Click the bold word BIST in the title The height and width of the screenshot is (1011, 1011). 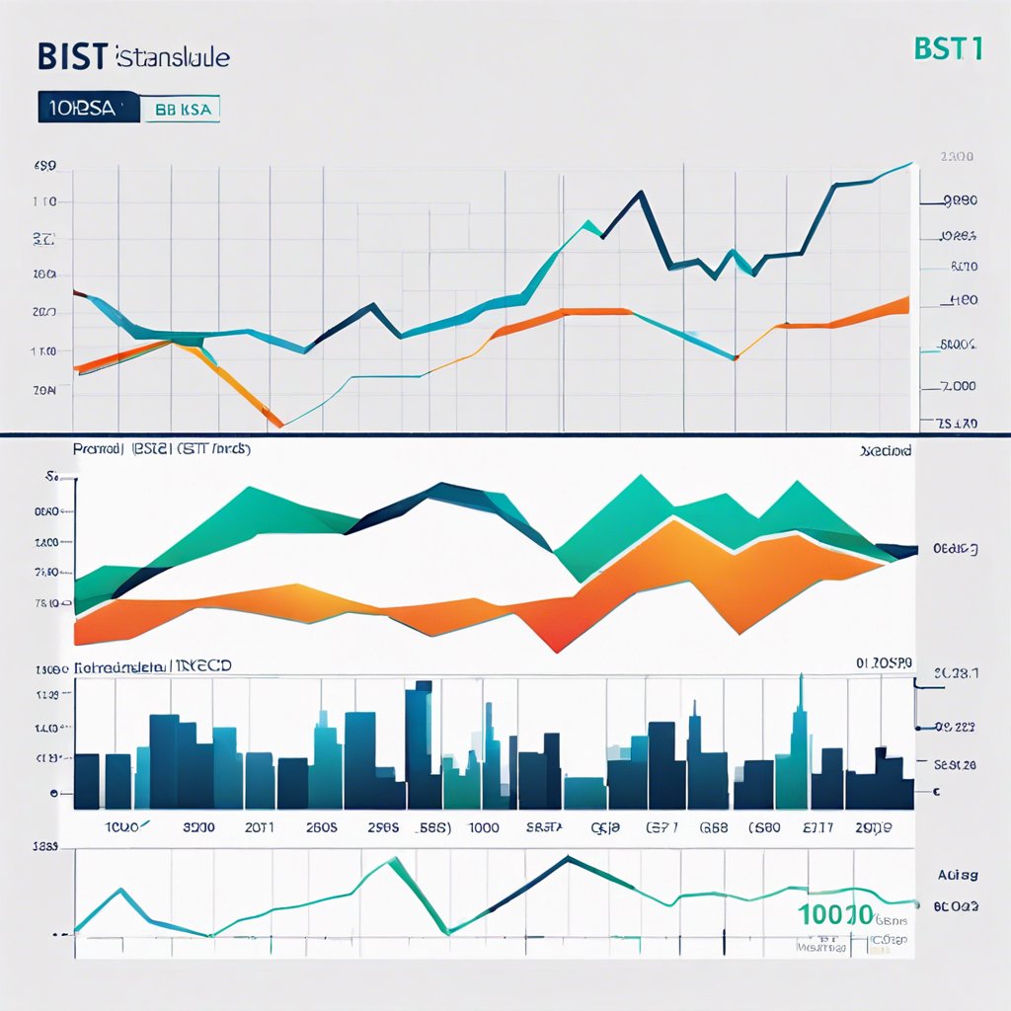[72, 56]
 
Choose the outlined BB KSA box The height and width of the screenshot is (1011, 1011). [184, 110]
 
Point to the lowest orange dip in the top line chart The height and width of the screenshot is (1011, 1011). [280, 426]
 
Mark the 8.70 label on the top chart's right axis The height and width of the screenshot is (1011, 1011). [963, 267]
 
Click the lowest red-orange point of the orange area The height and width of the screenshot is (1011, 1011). [555, 651]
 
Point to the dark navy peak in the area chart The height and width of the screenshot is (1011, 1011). [441, 485]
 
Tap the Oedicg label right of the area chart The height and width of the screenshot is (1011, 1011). [955, 549]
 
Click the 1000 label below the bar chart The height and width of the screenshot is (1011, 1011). [483, 829]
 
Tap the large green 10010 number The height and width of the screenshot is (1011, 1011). [835, 914]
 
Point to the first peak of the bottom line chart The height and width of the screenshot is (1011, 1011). [121, 890]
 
